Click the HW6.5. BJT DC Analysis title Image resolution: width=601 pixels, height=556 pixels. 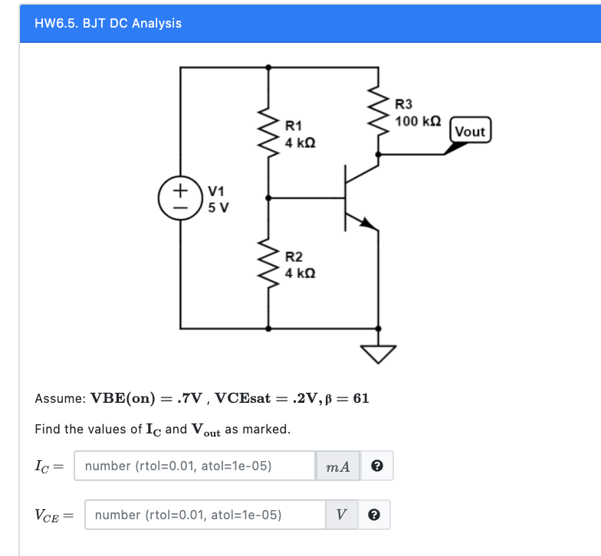pos(108,23)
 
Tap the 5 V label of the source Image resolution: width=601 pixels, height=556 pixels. pos(218,207)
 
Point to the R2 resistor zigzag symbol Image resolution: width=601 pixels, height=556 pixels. pos(268,262)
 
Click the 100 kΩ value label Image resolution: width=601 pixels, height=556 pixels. pos(418,121)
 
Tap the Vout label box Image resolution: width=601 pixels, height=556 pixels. pos(470,131)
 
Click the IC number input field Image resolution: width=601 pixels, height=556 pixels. pos(194,466)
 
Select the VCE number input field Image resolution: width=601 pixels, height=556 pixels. pos(205,515)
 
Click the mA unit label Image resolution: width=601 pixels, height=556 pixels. pos(339,466)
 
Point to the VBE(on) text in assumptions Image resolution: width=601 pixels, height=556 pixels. pos(123,398)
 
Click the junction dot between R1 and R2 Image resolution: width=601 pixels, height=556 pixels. pos(268,198)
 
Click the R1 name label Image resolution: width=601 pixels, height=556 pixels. pos(294,125)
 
